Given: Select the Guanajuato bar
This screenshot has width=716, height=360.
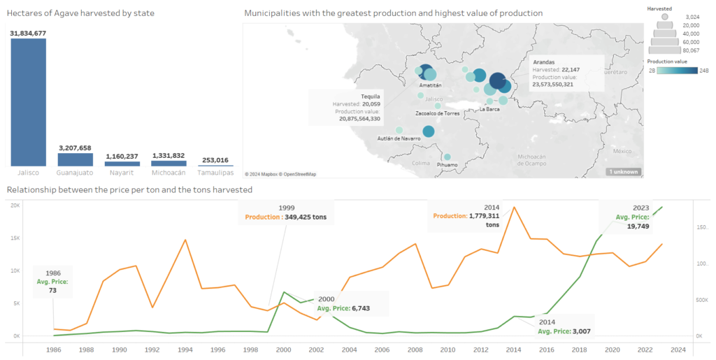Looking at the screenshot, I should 75,159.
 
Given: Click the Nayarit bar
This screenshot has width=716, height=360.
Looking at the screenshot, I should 122,163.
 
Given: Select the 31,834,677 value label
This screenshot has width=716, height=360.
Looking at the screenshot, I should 28,33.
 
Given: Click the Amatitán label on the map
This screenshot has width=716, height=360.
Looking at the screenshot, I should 431,85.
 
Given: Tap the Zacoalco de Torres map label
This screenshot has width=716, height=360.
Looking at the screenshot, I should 437,113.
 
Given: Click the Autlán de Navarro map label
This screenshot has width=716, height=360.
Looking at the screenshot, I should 399,138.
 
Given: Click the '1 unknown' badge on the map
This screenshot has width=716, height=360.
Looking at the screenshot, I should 623,171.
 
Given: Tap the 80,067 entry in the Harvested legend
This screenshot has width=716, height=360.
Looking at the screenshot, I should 690,50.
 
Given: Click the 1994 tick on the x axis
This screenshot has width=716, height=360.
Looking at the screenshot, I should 185,350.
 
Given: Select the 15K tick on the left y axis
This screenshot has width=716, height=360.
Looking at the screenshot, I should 15,238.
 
